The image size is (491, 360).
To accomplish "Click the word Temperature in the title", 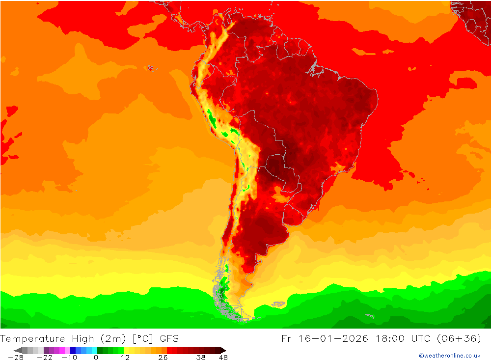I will (32, 338).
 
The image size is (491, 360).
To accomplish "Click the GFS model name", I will (169, 338).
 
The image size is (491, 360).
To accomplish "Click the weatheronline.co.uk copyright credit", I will (449, 356).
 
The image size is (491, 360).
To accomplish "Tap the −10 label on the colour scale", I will (69, 358).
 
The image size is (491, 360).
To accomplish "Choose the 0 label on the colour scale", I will (96, 358).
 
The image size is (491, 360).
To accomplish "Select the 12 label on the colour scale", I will (125, 358).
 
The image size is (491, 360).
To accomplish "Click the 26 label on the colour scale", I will (163, 358).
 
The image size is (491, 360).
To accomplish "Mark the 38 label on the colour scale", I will (200, 358).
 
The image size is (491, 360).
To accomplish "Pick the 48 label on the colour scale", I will (223, 358).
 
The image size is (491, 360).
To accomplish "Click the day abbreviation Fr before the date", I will (287, 338).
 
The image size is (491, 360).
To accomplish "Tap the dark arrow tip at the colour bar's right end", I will (223, 350).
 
